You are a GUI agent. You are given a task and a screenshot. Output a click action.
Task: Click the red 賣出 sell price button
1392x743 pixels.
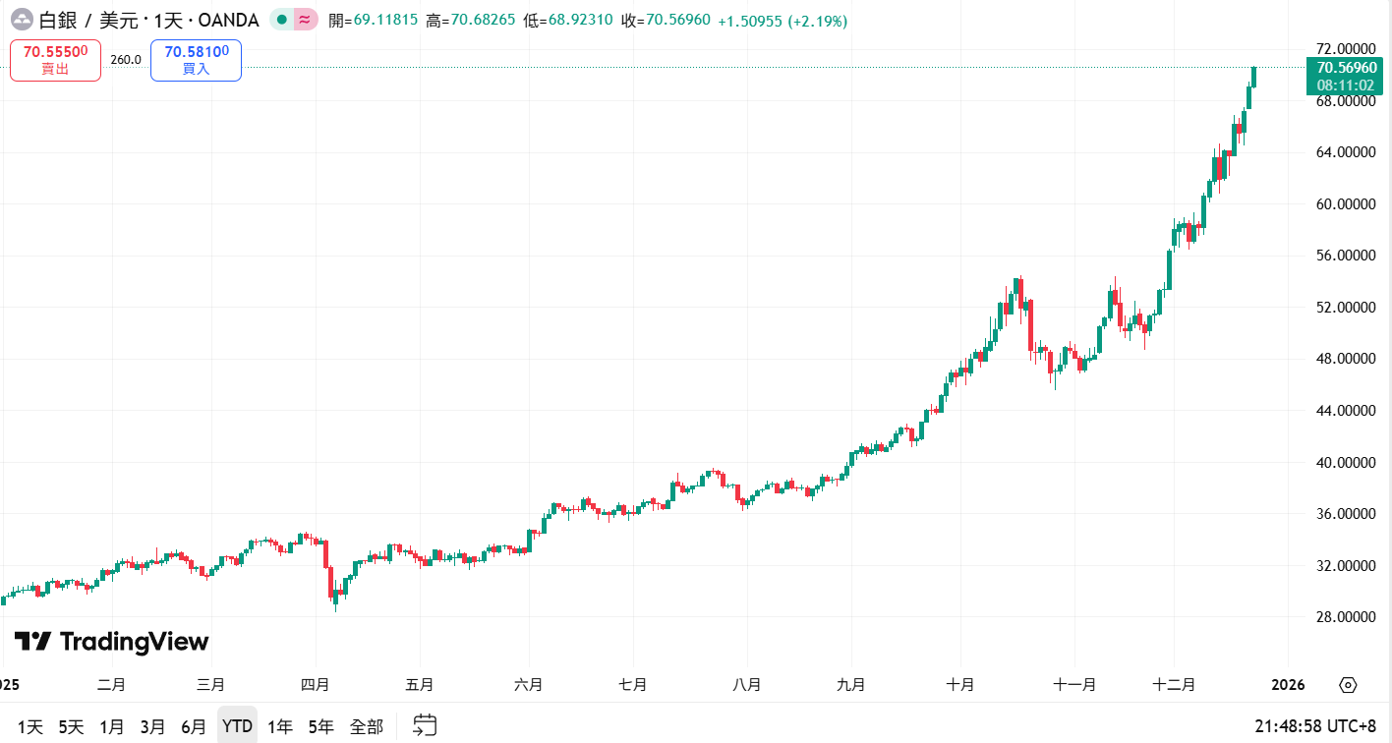(56, 60)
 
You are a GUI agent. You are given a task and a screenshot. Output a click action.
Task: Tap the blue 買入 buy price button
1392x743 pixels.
(196, 60)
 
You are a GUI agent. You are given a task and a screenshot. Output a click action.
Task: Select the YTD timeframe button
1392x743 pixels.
(237, 726)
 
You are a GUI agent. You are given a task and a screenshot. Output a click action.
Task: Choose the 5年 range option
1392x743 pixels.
(320, 726)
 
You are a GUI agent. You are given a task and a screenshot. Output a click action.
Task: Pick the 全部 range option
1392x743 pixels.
(367, 726)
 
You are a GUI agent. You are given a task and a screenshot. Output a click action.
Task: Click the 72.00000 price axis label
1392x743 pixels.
(1345, 49)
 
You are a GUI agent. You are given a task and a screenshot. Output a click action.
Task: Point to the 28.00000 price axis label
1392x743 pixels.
(1345, 617)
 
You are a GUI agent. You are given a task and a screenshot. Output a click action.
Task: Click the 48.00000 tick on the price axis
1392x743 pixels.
(1345, 359)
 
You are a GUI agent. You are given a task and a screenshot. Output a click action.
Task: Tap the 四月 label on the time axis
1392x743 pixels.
(316, 685)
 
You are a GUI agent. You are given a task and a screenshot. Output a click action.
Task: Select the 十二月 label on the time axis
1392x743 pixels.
(1175, 685)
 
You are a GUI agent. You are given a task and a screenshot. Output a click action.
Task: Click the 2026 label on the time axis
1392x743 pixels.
(1288, 685)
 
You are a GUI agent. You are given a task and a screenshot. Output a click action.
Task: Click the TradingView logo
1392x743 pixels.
(111, 642)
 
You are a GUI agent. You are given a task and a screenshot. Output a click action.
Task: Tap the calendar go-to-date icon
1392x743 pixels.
(424, 726)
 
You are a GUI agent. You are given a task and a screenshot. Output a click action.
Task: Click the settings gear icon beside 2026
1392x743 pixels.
(1348, 685)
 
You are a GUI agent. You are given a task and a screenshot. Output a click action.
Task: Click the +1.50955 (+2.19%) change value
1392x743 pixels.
(783, 21)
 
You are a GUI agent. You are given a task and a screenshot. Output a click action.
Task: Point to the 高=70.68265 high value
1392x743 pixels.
(470, 21)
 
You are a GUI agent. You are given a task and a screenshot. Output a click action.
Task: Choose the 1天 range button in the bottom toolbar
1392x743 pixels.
(30, 726)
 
